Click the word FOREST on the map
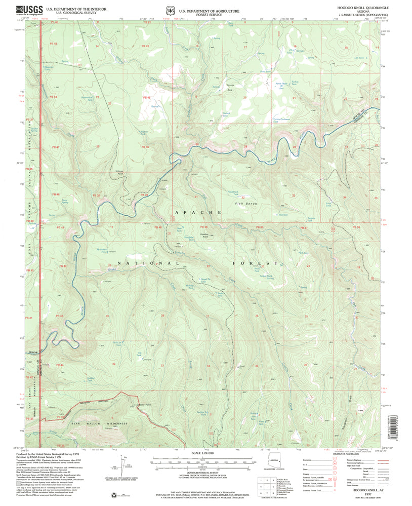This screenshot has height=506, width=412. coord(256,263)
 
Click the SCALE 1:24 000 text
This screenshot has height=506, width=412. coord(202,452)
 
